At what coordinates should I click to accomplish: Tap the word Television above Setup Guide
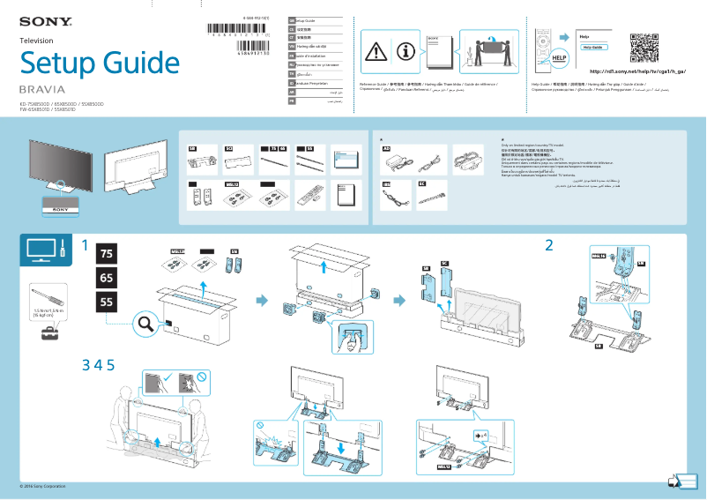(x=36, y=41)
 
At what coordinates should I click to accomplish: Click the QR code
(x=646, y=48)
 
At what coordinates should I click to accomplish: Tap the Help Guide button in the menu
(x=593, y=47)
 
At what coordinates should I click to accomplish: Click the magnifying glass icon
(x=146, y=325)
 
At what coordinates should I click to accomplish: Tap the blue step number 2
(x=549, y=244)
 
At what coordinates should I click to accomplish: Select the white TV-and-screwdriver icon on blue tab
(x=46, y=250)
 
